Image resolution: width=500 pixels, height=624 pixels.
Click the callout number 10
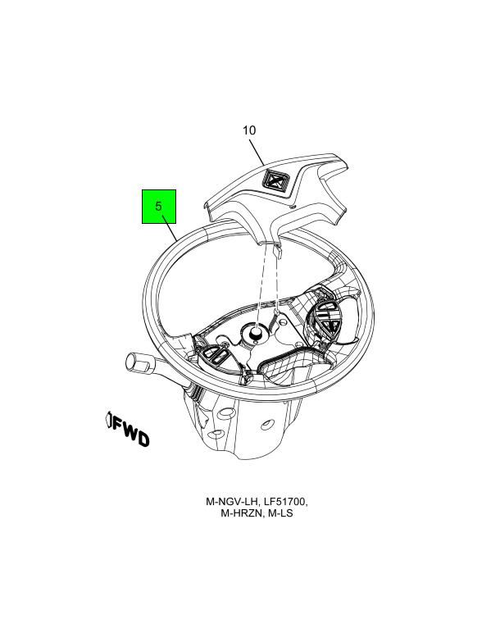pos(249,130)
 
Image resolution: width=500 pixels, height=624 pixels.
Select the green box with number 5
pos(159,206)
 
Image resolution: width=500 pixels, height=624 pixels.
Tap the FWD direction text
pos(130,431)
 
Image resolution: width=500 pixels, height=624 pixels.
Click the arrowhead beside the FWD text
pos(108,420)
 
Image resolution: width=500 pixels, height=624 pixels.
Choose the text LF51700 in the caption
pos(285,502)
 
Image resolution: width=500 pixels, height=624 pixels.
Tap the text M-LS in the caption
pos(280,513)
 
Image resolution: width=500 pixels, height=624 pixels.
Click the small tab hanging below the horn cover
pos(278,251)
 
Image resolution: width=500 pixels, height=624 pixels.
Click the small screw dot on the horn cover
pos(293,207)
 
